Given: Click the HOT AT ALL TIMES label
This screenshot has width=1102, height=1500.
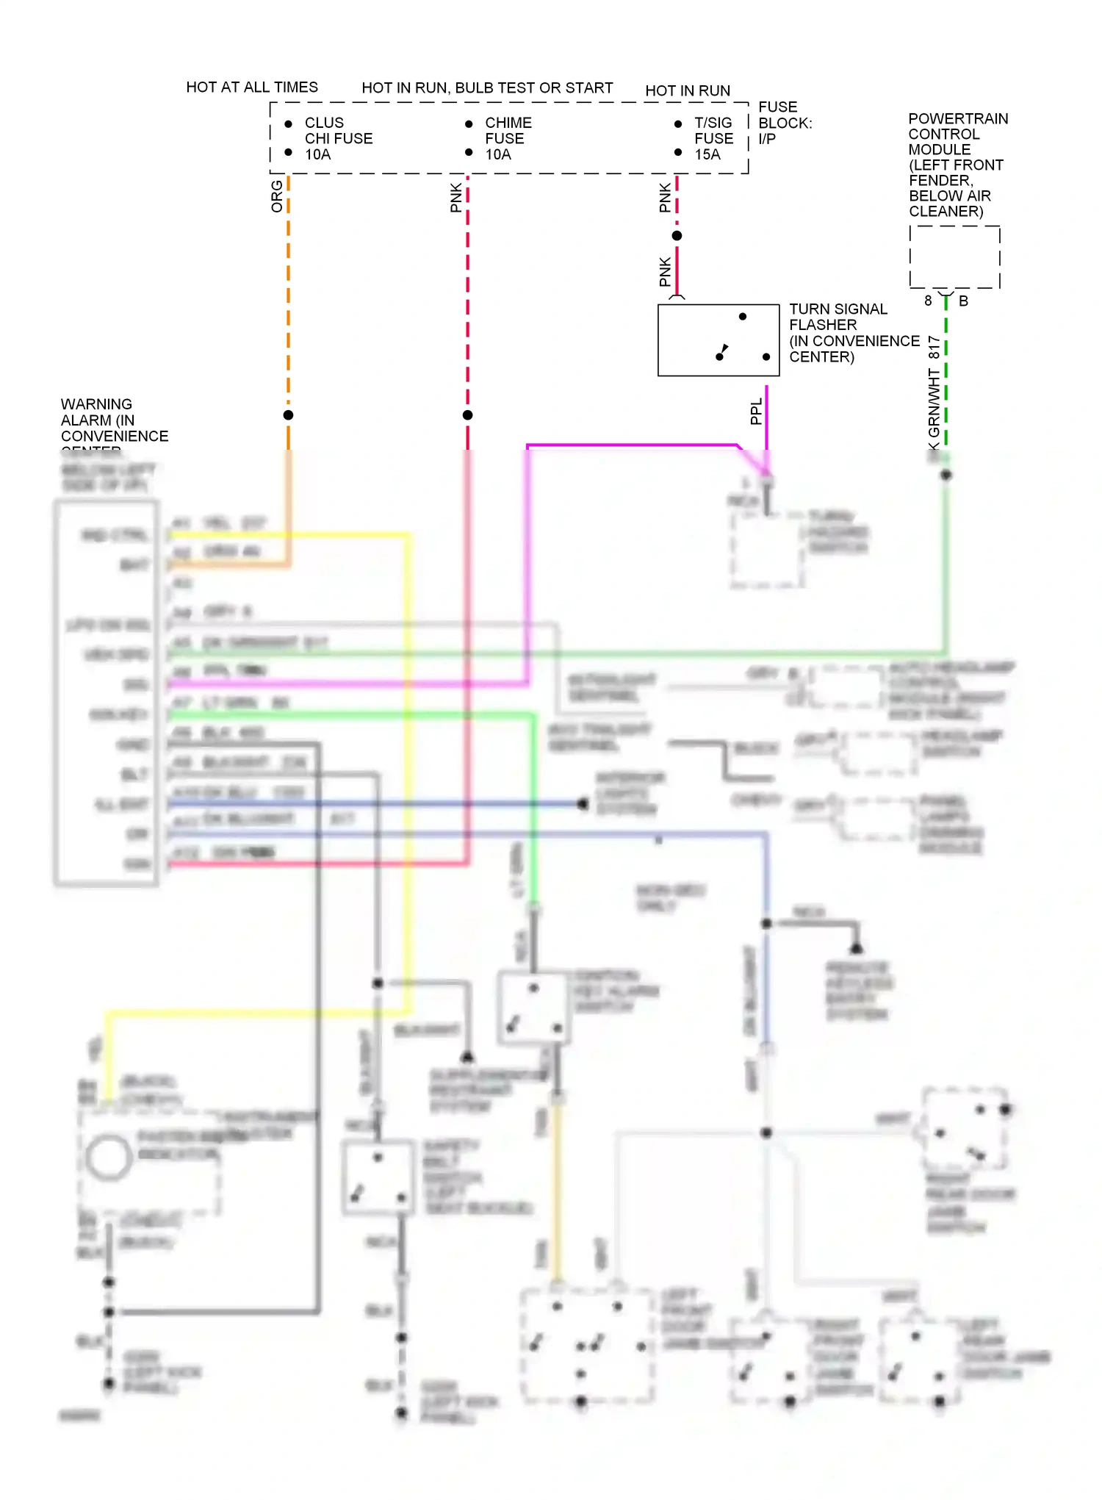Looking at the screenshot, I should pyautogui.click(x=252, y=87).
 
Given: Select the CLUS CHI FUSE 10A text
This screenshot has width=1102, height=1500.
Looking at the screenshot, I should pyautogui.click(x=338, y=139).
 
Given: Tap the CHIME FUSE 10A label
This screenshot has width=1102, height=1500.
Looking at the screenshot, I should pyautogui.click(x=508, y=139).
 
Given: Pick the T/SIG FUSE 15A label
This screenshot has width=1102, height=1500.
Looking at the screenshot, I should pyautogui.click(x=713, y=139).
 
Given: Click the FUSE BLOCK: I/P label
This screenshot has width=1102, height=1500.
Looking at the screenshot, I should pyautogui.click(x=785, y=123).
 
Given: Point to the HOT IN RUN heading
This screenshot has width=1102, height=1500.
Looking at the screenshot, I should pyautogui.click(x=688, y=91).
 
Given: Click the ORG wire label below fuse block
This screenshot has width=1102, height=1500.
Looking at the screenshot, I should pyautogui.click(x=277, y=197).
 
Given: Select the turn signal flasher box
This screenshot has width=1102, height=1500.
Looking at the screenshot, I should pyautogui.click(x=718, y=340).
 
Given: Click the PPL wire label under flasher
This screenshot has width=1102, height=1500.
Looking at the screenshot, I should pyautogui.click(x=756, y=412).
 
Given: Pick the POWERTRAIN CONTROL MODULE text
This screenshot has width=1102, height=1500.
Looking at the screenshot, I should pyautogui.click(x=957, y=165).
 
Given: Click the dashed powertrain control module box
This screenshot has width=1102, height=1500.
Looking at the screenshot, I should pyautogui.click(x=954, y=257).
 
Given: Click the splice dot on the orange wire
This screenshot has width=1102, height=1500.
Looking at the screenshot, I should pyautogui.click(x=289, y=415).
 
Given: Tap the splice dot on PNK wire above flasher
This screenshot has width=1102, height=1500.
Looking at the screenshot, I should pyautogui.click(x=677, y=236).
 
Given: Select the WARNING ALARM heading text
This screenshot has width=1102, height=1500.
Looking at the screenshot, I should pyautogui.click(x=114, y=420).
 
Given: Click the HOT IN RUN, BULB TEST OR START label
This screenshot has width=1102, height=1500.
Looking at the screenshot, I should pyautogui.click(x=487, y=88).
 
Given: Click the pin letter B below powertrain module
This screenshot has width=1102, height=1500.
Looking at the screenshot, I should pyautogui.click(x=963, y=301).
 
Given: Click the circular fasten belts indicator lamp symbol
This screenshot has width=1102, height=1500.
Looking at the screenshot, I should pyautogui.click(x=109, y=1157).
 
